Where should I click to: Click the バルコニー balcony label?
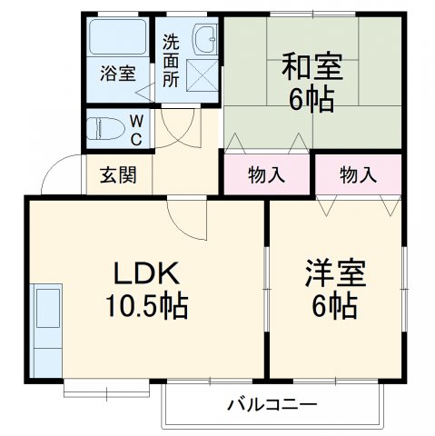[271, 402]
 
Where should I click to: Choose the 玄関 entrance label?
[118, 175]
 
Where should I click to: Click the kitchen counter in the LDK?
[45, 329]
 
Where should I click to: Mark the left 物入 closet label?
[267, 175]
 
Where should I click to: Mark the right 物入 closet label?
[358, 175]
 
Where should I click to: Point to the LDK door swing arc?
[187, 215]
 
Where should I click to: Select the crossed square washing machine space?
[202, 73]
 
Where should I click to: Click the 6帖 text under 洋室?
[335, 307]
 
